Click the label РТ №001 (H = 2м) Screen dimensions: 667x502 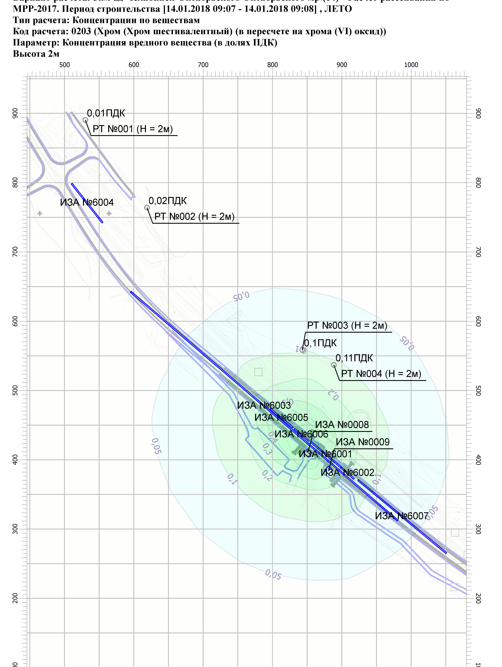click(133, 129)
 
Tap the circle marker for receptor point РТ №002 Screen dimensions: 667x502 click(147, 208)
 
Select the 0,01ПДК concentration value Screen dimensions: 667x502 click(106, 113)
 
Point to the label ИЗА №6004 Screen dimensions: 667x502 click(87, 202)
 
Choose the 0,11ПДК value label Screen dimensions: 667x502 click(354, 358)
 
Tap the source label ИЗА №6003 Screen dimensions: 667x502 click(264, 405)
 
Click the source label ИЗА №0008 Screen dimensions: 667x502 click(342, 425)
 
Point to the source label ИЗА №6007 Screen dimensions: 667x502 click(402, 516)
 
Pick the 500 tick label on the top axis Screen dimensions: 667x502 click(65, 65)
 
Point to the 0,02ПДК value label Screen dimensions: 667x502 click(168, 201)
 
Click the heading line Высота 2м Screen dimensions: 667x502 click(36, 54)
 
